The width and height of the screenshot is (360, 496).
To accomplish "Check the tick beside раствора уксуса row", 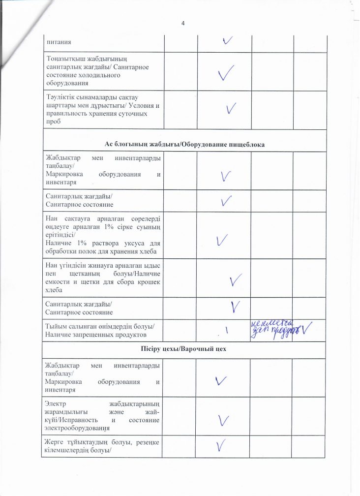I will [x=222, y=241].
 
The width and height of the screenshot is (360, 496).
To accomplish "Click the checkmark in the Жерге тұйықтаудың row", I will [x=223, y=445].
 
